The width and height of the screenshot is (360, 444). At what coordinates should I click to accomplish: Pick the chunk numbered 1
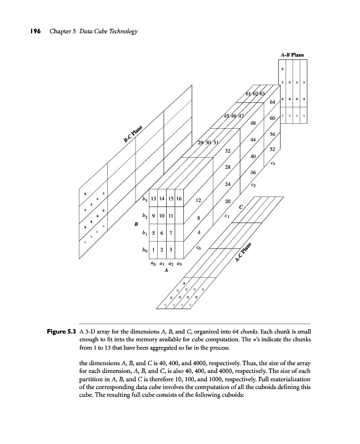coord(155,250)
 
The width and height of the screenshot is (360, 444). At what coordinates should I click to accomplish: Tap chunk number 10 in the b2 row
coord(163,216)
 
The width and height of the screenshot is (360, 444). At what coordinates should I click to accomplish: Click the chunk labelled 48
coord(253,123)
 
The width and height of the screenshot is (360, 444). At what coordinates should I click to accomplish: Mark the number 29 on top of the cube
coord(200,143)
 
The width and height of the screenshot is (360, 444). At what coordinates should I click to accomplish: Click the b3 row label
coord(144,199)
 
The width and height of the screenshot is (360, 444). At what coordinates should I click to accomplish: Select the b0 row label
coord(144,251)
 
